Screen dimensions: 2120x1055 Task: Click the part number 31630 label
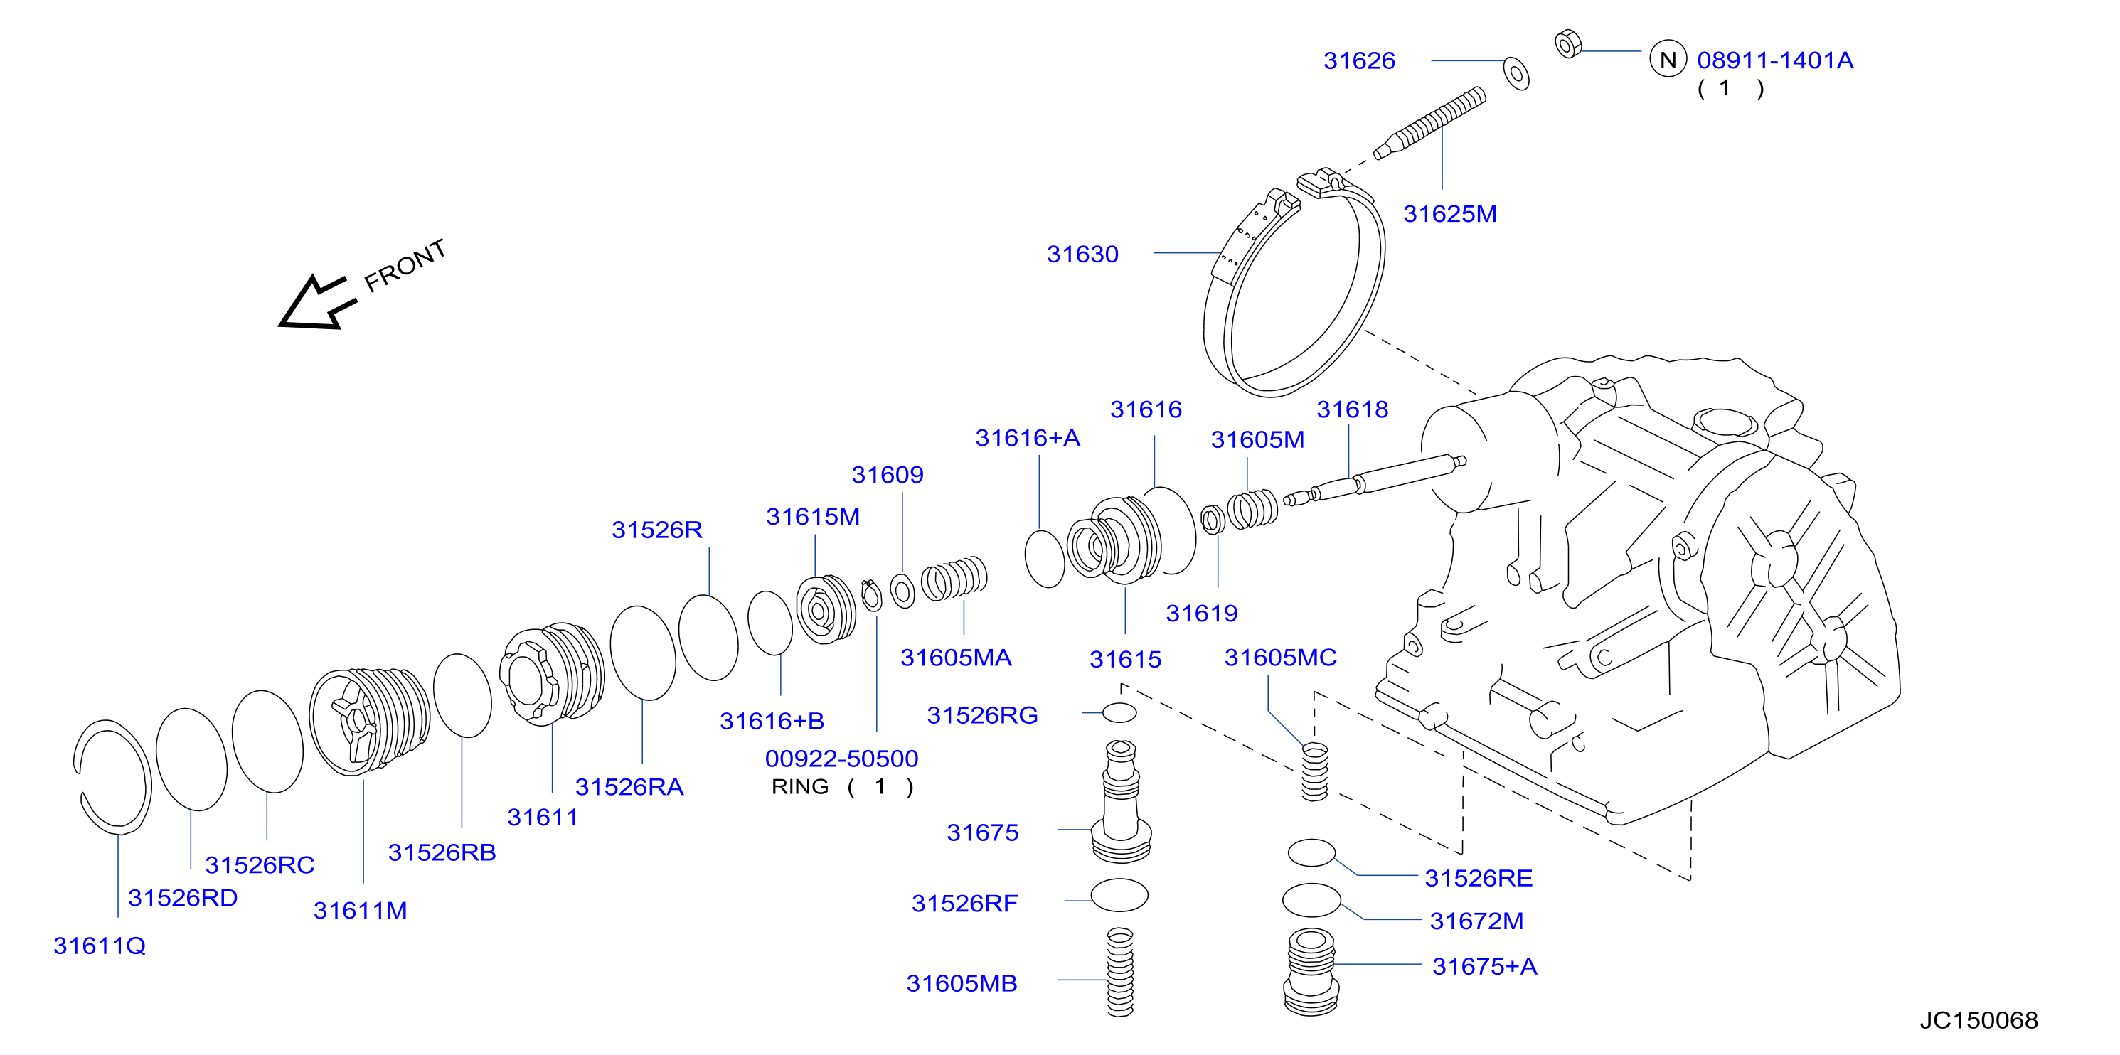pyautogui.click(x=1082, y=255)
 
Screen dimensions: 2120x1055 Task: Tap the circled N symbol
pyautogui.click(x=1668, y=59)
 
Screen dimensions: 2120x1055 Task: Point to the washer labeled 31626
pyautogui.click(x=1516, y=73)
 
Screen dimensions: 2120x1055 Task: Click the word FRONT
pyautogui.click(x=405, y=265)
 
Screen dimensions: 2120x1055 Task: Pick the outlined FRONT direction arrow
pyautogui.click(x=317, y=303)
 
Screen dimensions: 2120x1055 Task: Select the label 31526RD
pyautogui.click(x=183, y=898)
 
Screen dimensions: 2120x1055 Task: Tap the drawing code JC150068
pyautogui.click(x=1978, y=1020)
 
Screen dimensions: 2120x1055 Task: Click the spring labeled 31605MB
pyautogui.click(x=1120, y=972)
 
